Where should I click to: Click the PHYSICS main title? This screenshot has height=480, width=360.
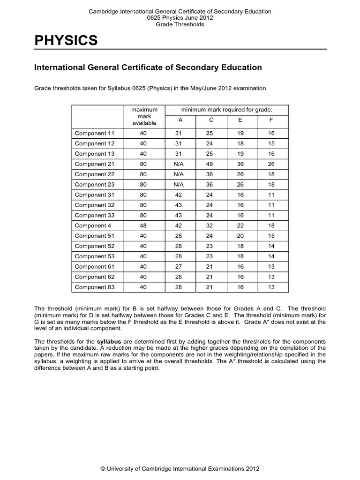pyautogui.click(x=66, y=41)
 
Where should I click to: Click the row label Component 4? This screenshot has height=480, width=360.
pyautogui.click(x=91, y=225)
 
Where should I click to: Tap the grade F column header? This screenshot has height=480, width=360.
pyautogui.click(x=271, y=120)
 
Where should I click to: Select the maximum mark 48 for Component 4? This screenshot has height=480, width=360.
pyautogui.click(x=143, y=225)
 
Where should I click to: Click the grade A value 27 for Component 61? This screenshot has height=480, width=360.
pyautogui.click(x=179, y=267)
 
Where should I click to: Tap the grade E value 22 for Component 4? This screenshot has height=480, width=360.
pyautogui.click(x=240, y=225)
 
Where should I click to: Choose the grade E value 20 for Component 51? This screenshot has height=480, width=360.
pyautogui.click(x=240, y=236)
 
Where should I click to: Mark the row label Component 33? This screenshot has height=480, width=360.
pyautogui.click(x=94, y=215)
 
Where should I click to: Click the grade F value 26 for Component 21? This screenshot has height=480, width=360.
pyautogui.click(x=271, y=164)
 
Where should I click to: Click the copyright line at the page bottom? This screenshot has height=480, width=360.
pyautogui.click(x=180, y=468)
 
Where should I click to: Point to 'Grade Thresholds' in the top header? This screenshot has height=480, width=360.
pyautogui.click(x=180, y=24)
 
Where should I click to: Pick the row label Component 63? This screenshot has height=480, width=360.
pyautogui.click(x=94, y=287)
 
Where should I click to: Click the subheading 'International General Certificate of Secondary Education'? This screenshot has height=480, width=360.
pyautogui.click(x=148, y=67)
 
